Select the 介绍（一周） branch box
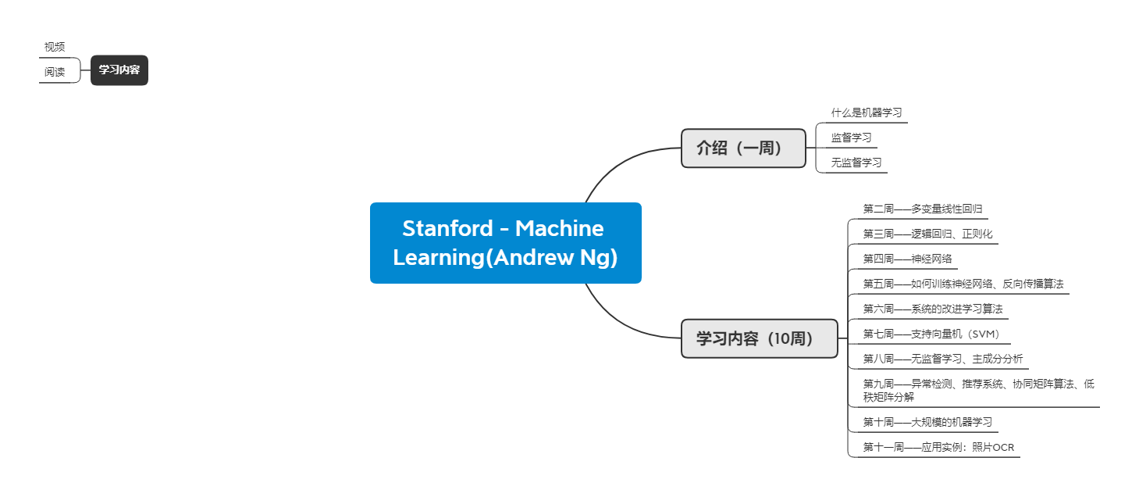pyautogui.click(x=742, y=148)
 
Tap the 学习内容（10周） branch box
pyautogui.click(x=759, y=338)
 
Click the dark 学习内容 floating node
pyautogui.click(x=119, y=70)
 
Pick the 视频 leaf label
pyautogui.click(x=55, y=47)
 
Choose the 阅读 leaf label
pyautogui.click(x=55, y=72)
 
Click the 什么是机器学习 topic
pyautogui.click(x=867, y=113)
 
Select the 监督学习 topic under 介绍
pyautogui.click(x=851, y=138)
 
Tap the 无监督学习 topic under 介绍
pyautogui.click(x=856, y=163)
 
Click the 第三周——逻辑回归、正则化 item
pyautogui.click(x=927, y=234)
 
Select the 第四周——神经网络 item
pyautogui.click(x=907, y=259)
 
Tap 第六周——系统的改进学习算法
pyautogui.click(x=932, y=309)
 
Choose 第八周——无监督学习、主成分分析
pyautogui.click(x=942, y=359)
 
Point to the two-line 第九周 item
pyautogui.click(x=978, y=390)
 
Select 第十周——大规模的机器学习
pyautogui.click(x=927, y=422)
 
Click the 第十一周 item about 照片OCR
pyautogui.click(x=938, y=447)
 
